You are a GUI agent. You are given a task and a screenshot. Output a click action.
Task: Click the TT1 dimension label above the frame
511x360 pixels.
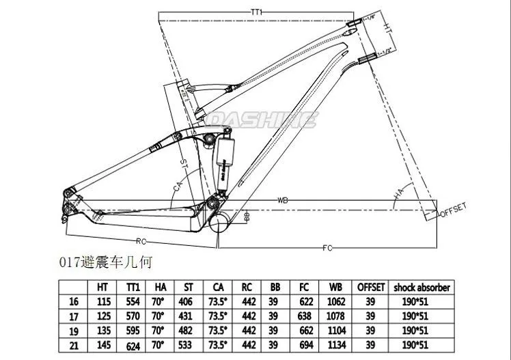(x=258, y=12)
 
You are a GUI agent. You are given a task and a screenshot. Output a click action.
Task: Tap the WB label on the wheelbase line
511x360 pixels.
(x=282, y=200)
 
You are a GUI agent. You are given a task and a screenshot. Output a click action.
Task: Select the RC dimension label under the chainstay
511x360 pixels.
(x=141, y=240)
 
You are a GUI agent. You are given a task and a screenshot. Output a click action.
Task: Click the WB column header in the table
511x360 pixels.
(x=335, y=287)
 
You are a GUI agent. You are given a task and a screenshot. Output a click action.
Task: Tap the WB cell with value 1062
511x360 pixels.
(x=335, y=301)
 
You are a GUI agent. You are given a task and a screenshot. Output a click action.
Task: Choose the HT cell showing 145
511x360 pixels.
(x=105, y=345)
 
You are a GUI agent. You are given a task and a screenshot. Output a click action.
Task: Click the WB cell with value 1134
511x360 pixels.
(x=335, y=345)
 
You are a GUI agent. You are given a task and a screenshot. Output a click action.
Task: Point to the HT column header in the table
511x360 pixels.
(x=105, y=287)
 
